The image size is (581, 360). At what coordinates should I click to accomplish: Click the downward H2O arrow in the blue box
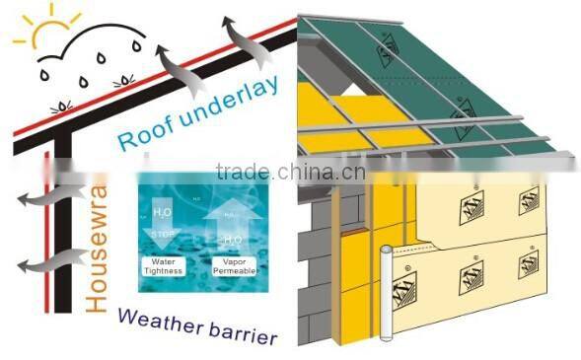tap(165, 213)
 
